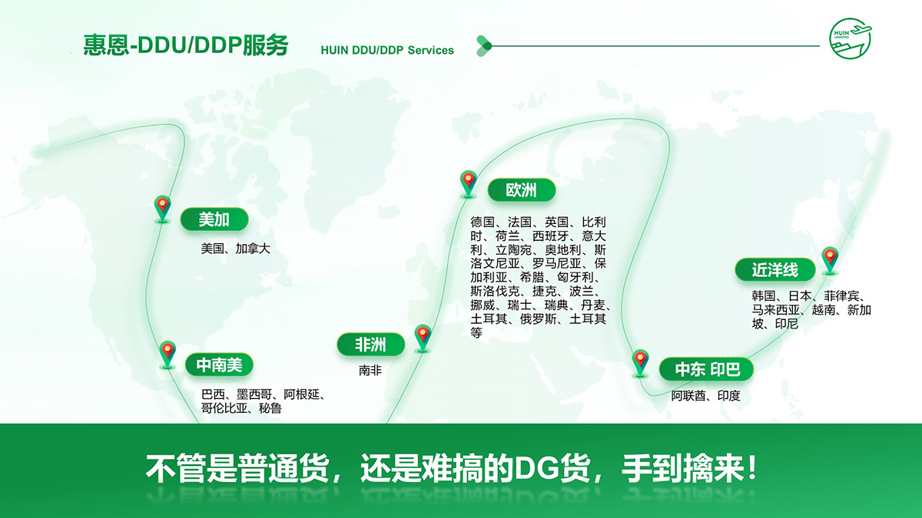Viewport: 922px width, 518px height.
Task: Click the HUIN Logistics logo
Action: click(851, 38)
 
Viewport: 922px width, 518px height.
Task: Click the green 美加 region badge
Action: click(214, 219)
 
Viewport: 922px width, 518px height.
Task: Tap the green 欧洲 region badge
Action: click(522, 190)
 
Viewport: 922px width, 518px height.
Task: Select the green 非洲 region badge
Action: click(370, 344)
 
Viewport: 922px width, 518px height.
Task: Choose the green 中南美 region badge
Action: click(219, 365)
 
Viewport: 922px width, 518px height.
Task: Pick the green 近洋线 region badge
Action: click(775, 269)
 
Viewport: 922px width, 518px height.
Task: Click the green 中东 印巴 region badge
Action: click(706, 369)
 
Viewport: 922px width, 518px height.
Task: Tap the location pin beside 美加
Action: click(163, 209)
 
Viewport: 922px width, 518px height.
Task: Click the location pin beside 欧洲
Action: click(469, 183)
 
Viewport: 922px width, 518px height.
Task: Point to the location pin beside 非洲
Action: click(423, 338)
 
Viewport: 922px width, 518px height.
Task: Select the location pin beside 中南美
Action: click(167, 355)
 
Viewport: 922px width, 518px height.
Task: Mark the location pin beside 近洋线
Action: click(831, 260)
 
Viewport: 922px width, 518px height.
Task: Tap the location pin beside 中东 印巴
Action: click(641, 363)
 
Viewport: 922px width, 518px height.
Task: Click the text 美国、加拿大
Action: click(235, 249)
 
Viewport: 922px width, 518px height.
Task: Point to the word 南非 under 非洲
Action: click(370, 371)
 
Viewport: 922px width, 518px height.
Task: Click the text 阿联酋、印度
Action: click(706, 395)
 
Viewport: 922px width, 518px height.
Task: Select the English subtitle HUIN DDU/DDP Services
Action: click(387, 50)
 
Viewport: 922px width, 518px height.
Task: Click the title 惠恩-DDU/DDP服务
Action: click(186, 45)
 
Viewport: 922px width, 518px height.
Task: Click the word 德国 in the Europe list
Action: click(483, 223)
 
